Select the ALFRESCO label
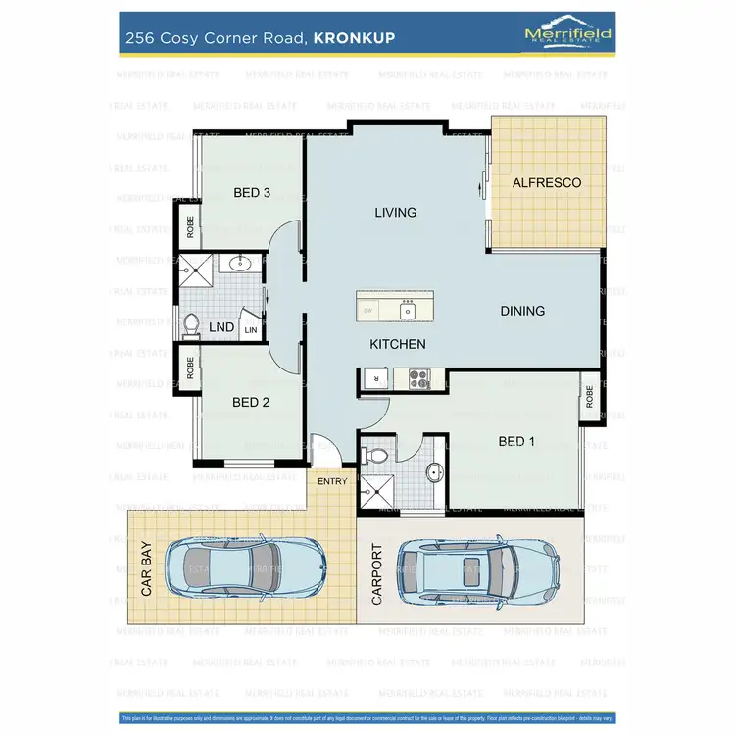547,183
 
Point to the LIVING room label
396,212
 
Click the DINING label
522,311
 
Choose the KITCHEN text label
397,344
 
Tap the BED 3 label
252,192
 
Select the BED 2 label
251,402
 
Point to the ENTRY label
331,481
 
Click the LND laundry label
221,327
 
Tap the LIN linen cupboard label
251,331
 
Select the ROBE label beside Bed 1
589,397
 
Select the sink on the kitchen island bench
409,312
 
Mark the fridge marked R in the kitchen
373,377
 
